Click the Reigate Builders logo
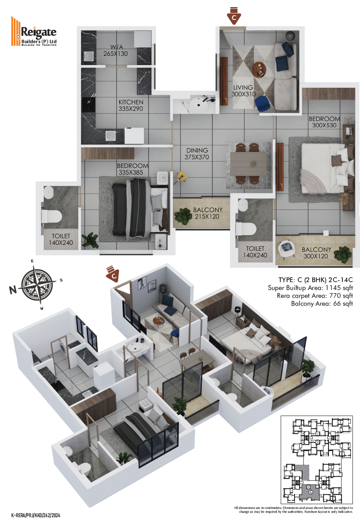tap(34, 31)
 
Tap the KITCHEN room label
tap(131, 102)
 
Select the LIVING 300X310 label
tap(243, 91)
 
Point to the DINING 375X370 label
tap(197, 154)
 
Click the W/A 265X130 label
tap(116, 50)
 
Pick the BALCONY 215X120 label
tap(207, 213)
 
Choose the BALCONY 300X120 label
tap(316, 253)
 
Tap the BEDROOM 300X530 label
tap(324, 122)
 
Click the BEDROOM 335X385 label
tap(132, 169)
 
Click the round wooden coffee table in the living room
tap(259, 70)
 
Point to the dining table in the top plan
tap(248, 164)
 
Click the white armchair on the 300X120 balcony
tap(287, 249)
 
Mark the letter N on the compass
tap(13, 290)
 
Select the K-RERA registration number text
tap(36, 516)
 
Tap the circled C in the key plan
tap(310, 492)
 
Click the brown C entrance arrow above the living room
tap(234, 16)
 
